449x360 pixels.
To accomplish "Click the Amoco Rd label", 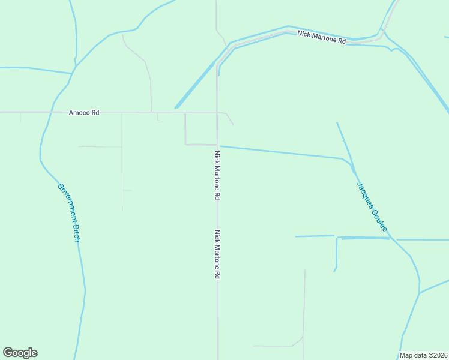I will click(x=83, y=112).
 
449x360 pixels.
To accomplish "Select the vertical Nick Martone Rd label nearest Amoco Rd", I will click(x=217, y=175).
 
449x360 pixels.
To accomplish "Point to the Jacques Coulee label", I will click(x=372, y=208).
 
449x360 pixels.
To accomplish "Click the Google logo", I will click(x=20, y=353).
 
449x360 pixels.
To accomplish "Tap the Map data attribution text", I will click(x=423, y=355).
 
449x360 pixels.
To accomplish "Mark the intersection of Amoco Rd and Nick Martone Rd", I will click(x=217, y=112).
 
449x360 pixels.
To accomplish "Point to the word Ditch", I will click(x=76, y=233).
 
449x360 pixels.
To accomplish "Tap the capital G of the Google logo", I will click(x=8, y=352).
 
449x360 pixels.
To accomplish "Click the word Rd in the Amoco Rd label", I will click(x=95, y=112).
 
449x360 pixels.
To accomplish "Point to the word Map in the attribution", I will click(x=407, y=355).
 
